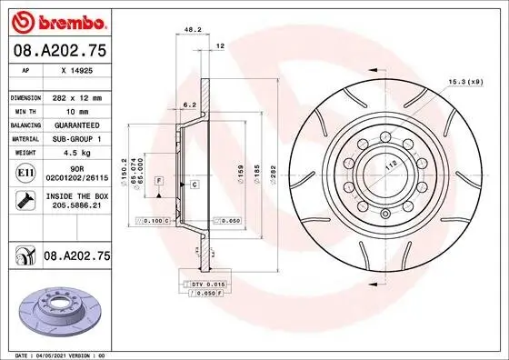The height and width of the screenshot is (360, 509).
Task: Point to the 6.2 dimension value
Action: [189, 105]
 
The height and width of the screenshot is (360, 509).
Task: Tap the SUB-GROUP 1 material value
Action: [76, 138]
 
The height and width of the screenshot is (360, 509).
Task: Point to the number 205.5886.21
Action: [76, 207]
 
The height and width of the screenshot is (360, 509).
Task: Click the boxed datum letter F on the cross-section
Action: [159, 183]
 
